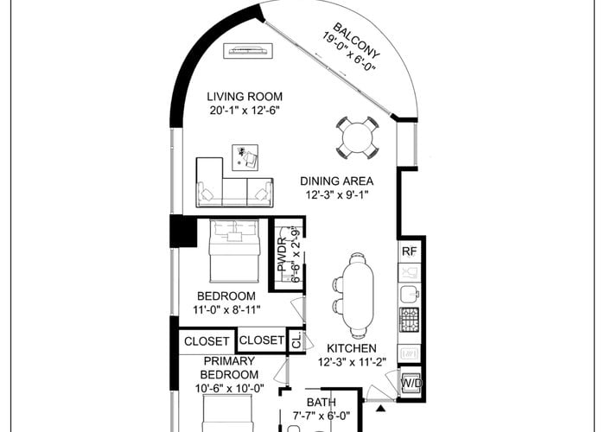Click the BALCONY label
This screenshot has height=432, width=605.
356,40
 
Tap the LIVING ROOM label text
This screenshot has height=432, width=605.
245,97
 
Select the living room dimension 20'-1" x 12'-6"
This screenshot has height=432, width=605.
245,111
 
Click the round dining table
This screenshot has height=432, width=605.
357,138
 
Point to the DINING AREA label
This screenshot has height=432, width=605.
337,181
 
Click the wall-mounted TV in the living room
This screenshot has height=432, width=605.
249,50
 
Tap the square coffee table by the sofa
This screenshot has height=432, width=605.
245,157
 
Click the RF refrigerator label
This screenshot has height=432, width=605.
410,251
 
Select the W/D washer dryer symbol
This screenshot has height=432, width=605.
411,383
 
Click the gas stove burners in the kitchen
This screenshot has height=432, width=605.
409,320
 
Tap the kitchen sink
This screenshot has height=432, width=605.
409,294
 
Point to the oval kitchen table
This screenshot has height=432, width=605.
358,295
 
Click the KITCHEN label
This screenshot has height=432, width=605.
352,348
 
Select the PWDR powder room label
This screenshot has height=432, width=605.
282,255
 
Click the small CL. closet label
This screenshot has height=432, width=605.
296,341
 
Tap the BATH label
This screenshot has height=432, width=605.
321,403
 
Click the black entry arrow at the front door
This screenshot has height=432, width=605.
381,409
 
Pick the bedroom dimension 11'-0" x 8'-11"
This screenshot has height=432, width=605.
226,309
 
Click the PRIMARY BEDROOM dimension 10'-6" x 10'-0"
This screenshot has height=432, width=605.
230,388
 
